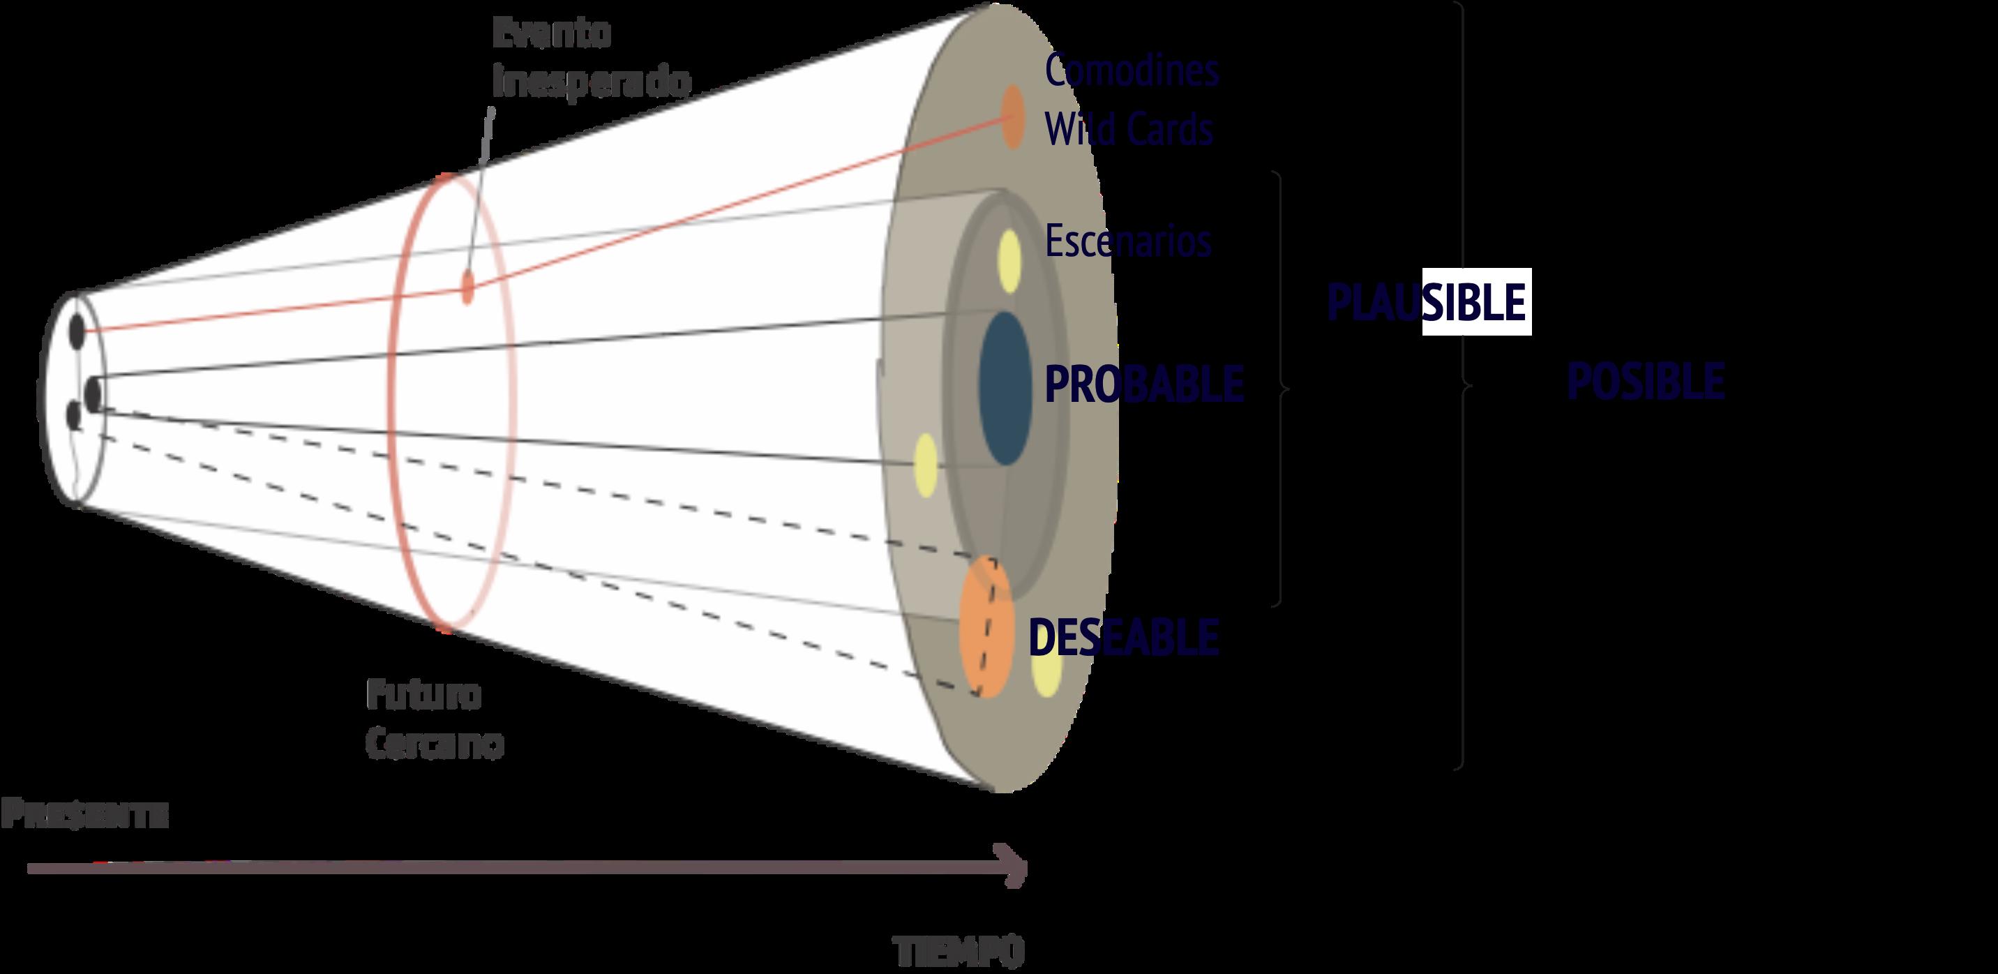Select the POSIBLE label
click(x=1645, y=382)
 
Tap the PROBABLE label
click(x=1143, y=383)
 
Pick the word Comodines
click(x=1132, y=70)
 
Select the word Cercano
click(x=435, y=744)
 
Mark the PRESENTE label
click(x=84, y=815)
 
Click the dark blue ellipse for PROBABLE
click(x=1005, y=388)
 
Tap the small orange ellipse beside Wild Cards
click(x=1012, y=117)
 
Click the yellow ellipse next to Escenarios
click(x=1009, y=262)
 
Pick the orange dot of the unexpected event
click(x=467, y=286)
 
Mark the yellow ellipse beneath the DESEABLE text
click(x=1046, y=673)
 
